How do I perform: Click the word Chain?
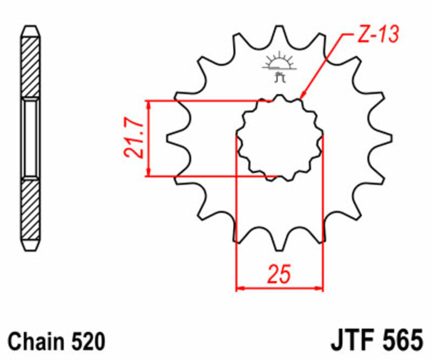tap(36, 342)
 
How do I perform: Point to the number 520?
tap(85, 342)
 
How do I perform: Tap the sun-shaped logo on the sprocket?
tap(279, 63)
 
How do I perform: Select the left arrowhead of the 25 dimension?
tap(241, 289)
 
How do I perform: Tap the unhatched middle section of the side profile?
tap(30, 138)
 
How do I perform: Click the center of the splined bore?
tap(280, 138)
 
